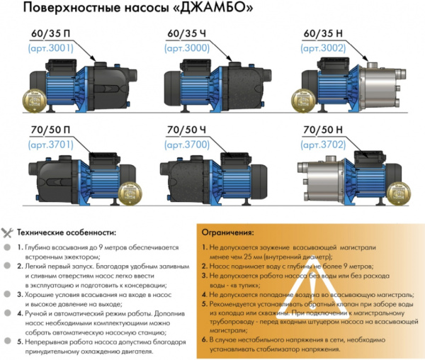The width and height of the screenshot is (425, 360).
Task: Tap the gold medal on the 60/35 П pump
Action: click(30, 100)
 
